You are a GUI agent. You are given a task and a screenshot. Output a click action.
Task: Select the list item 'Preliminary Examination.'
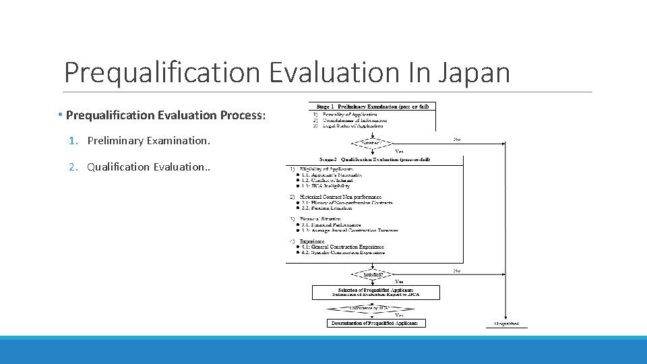tap(148, 141)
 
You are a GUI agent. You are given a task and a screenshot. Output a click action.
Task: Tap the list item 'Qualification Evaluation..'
tap(149, 166)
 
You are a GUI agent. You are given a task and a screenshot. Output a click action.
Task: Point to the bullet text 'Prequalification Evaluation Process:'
tap(166, 115)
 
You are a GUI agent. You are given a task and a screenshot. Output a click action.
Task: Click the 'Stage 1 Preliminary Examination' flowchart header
tap(372, 106)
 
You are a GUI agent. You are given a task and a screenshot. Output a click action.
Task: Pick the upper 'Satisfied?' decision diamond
tap(371, 142)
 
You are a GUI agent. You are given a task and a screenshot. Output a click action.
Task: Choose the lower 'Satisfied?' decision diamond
tap(371, 275)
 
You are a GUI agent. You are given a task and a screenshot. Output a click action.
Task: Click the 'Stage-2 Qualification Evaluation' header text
tap(376, 159)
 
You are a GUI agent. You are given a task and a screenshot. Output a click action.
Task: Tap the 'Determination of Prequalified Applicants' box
tap(375, 323)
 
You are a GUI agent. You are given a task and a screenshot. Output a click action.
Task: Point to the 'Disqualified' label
tap(506, 324)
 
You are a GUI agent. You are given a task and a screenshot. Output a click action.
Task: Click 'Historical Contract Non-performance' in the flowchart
tap(340, 197)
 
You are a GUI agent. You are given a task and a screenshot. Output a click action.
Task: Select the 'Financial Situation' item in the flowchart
tap(321, 219)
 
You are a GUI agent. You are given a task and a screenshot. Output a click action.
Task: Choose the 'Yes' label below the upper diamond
tap(398, 151)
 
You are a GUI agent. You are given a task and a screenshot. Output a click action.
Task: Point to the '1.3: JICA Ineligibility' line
tap(328, 185)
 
